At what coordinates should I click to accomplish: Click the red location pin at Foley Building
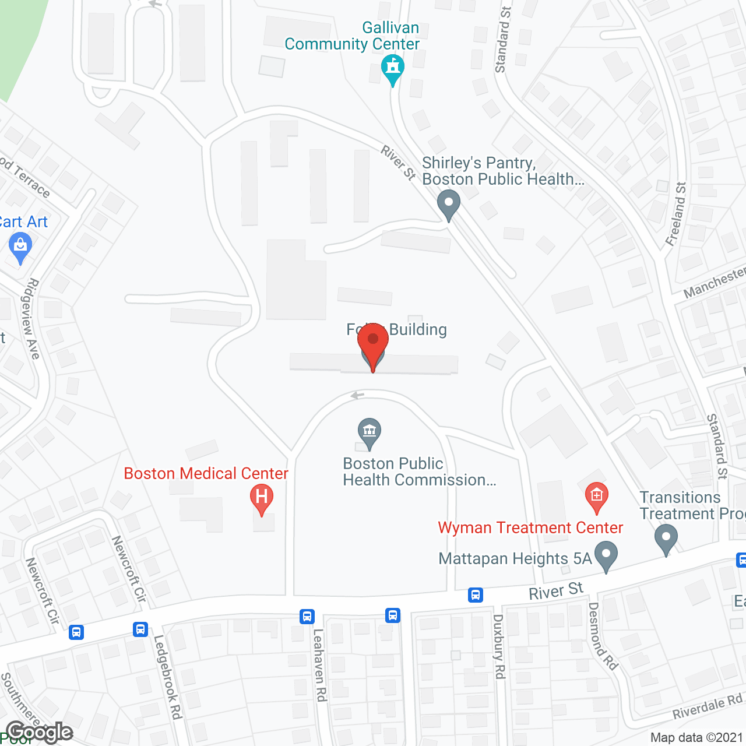tap(373, 340)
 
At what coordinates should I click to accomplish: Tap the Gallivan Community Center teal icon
tap(393, 67)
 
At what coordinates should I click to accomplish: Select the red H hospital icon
tap(262, 497)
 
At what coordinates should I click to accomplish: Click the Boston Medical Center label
tap(206, 473)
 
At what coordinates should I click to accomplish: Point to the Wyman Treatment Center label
tap(530, 527)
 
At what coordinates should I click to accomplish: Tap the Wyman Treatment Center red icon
tap(596, 496)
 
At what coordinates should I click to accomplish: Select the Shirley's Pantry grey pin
tap(449, 205)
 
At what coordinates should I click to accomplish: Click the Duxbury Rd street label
tap(499, 646)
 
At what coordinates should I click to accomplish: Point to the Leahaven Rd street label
tap(319, 664)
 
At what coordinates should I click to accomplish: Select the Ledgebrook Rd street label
tap(168, 677)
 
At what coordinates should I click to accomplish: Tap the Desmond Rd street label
tap(603, 636)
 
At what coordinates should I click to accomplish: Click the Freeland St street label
tap(677, 214)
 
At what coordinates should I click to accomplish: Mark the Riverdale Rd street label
tap(708, 706)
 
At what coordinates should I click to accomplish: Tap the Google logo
tap(40, 732)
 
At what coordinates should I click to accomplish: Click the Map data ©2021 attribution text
tap(697, 738)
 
